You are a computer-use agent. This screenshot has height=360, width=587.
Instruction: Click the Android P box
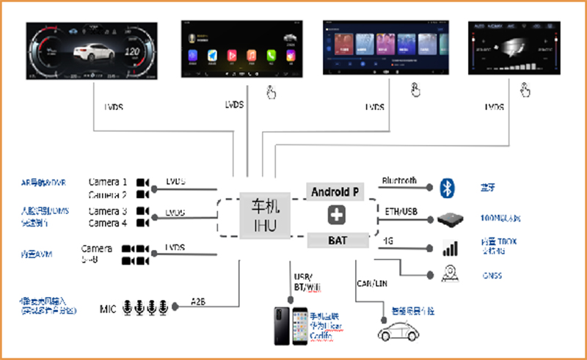[335, 192]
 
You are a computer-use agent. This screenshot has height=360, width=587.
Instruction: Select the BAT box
[335, 240]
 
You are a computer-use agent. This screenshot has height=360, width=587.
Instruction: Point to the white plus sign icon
[335, 216]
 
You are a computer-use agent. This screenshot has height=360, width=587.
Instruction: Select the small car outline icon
[395, 331]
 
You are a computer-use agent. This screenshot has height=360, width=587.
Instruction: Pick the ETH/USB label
[401, 211]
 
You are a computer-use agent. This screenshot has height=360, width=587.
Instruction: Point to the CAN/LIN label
[373, 282]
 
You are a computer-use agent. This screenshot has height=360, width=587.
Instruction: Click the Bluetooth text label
[399, 180]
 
